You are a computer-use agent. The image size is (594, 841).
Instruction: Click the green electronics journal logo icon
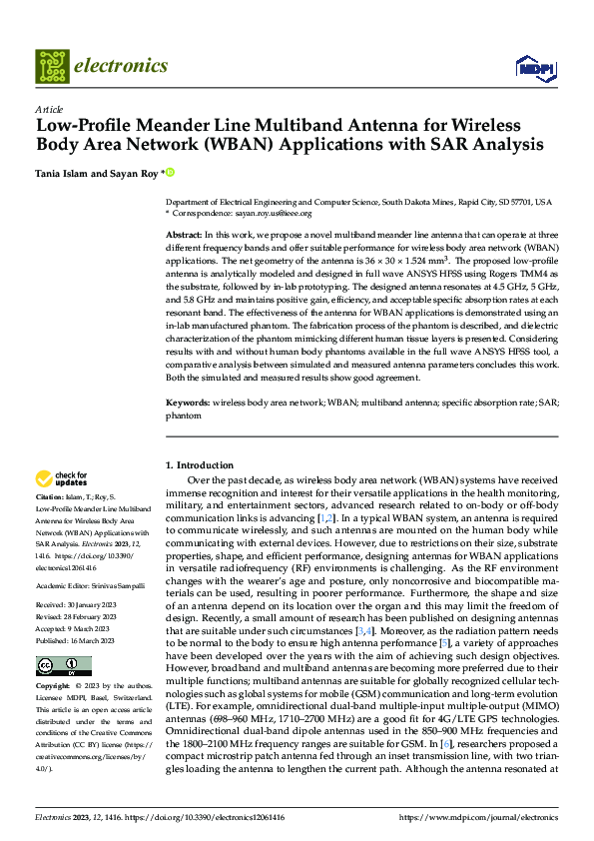(51, 66)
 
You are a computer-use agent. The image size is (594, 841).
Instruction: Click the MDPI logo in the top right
(532, 68)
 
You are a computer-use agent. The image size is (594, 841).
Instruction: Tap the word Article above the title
(49, 109)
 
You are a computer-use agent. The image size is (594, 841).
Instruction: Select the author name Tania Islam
(66, 173)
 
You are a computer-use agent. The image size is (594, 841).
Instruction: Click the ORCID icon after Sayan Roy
(170, 173)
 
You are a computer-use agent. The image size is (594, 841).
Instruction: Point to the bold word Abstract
(186, 233)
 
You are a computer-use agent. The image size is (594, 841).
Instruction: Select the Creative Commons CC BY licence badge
(63, 666)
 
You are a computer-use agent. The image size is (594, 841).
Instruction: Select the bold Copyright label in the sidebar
(54, 688)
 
